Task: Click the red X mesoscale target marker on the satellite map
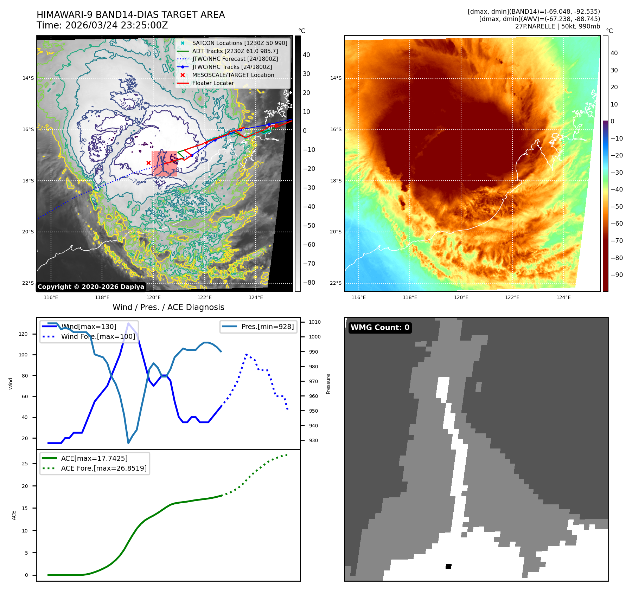tap(148, 163)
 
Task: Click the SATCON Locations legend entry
tap(239, 43)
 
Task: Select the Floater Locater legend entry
tap(213, 83)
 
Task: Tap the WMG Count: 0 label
tap(380, 328)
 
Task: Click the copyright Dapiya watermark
tap(91, 287)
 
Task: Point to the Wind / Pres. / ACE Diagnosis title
tap(168, 307)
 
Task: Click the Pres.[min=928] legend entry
tap(267, 327)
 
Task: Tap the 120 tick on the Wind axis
tap(23, 334)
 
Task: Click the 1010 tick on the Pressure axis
tap(315, 322)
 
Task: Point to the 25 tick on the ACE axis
tap(25, 464)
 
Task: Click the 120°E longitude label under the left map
tap(153, 298)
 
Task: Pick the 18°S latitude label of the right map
tap(336, 181)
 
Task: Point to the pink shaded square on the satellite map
tap(164, 163)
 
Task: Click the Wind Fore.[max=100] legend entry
tap(98, 336)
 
